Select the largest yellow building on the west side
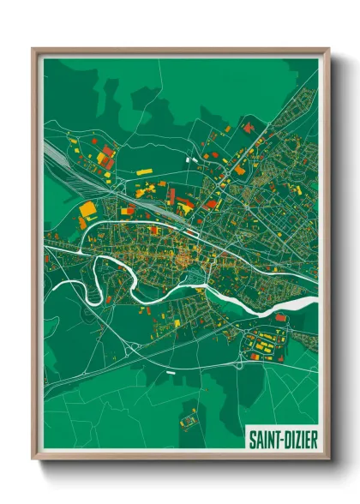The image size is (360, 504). pos(87,208)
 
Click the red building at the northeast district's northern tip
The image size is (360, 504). pos(249,128)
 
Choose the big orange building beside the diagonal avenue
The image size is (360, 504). pos(240,170)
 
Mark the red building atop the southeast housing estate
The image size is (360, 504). pos(280,318)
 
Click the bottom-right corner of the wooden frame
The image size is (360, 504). pos(328,459)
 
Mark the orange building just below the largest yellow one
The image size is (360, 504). pos(83,222)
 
